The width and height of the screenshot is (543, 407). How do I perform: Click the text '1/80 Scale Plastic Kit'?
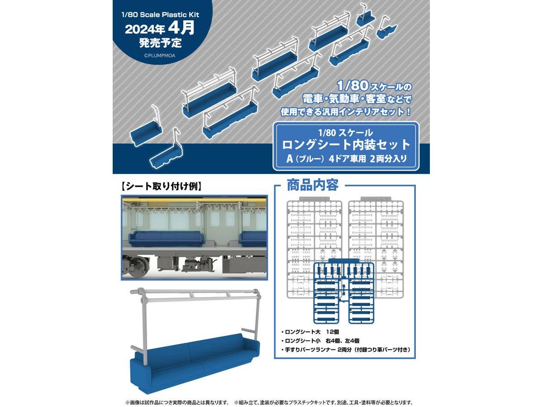coord(160,14)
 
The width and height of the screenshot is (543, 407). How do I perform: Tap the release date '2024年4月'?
coord(160,28)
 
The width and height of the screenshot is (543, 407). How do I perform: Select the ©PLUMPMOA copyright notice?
coord(160,56)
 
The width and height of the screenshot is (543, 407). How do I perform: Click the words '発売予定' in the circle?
coord(160,43)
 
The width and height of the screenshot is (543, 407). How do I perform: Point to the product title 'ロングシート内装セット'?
coord(346,145)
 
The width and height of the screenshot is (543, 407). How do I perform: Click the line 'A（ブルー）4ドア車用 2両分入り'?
coord(346,159)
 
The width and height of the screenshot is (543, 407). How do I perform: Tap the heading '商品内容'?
coord(312,185)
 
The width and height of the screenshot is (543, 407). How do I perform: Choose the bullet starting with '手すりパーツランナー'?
coord(346,350)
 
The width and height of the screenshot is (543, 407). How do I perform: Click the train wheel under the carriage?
coord(138,267)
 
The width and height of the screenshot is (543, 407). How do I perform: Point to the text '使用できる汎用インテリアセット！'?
coord(346,112)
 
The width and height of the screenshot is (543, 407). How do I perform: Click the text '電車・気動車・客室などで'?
coord(357,99)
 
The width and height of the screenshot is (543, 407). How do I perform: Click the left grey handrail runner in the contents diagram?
coord(314,248)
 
